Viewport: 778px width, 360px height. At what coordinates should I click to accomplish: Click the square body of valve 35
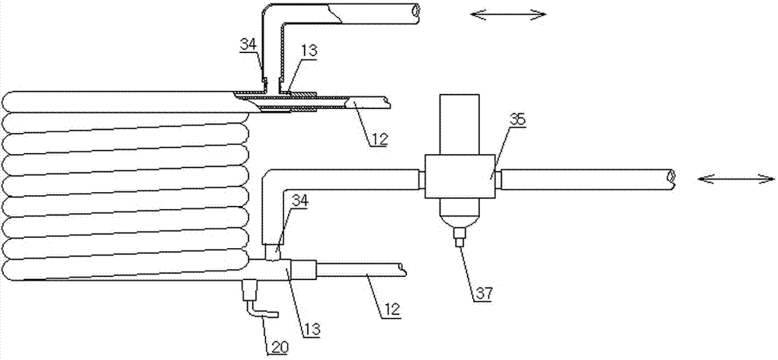click(460, 177)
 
